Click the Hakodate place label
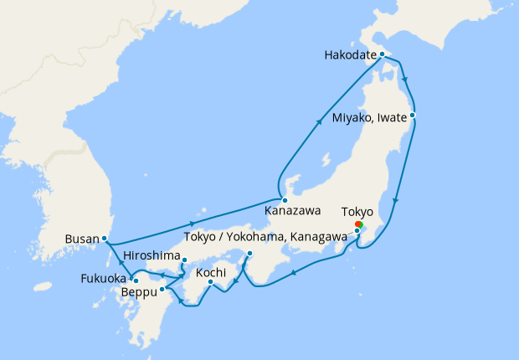pos(349,56)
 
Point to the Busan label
pos(81,239)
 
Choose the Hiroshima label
pos(152,255)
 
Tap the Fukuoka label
pos(104,278)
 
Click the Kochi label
pos(212,273)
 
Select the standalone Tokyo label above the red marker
pos(357,212)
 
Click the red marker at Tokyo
pos(358,224)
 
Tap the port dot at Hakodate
pos(382,54)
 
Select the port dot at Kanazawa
pos(285,200)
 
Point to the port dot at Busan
pos(104,239)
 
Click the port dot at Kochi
pos(211,282)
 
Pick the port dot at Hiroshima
pos(184,260)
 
